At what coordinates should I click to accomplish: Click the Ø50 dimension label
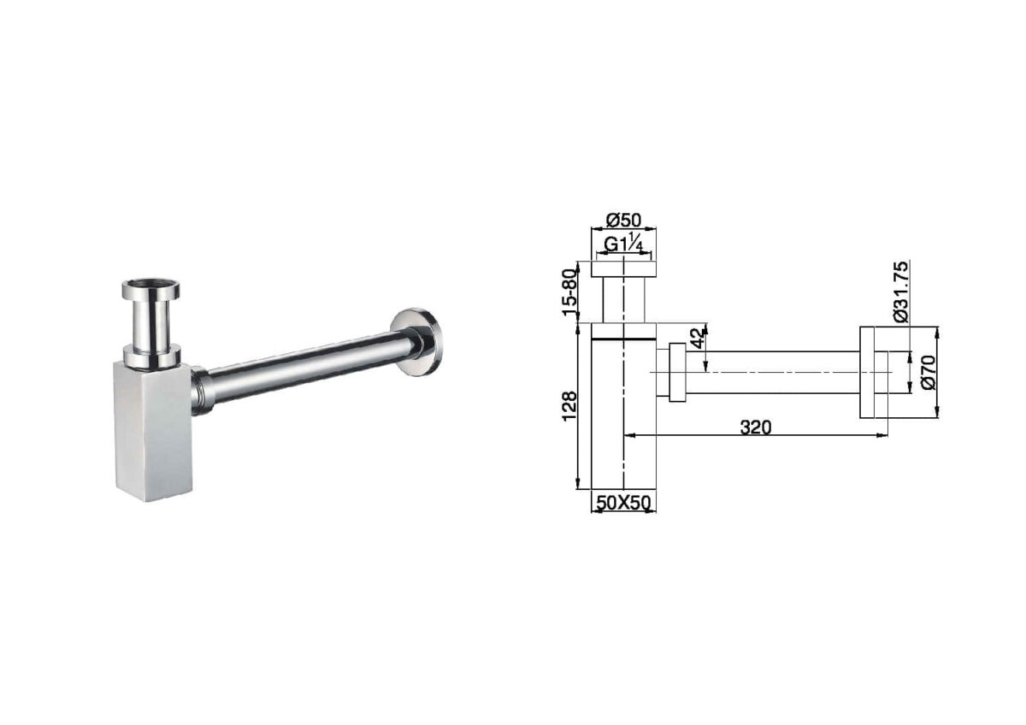point(623,220)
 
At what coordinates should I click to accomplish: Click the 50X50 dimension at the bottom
point(623,504)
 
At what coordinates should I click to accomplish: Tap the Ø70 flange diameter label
point(928,372)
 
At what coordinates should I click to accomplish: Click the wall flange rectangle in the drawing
point(873,372)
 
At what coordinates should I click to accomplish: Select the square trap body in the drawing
point(624,410)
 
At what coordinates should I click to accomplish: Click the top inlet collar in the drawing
point(624,269)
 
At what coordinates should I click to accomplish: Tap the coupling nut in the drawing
point(677,372)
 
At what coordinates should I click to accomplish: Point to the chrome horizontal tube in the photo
point(308,365)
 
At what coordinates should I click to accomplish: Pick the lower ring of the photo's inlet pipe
point(151,356)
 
